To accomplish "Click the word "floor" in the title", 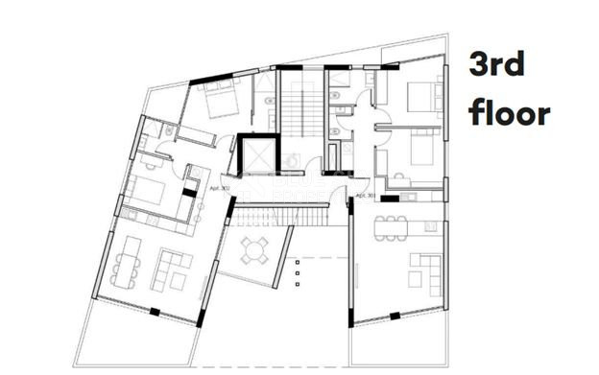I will [x=509, y=113].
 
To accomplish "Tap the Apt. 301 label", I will [x=365, y=197].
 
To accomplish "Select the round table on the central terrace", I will [x=254, y=251].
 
